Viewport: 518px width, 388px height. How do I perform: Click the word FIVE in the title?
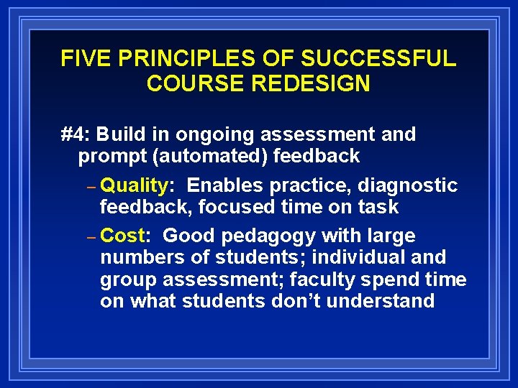[x=81, y=59]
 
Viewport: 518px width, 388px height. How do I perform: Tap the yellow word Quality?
[x=134, y=185]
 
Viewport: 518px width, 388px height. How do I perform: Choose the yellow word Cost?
[x=123, y=236]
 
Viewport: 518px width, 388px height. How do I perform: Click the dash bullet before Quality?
[x=91, y=186]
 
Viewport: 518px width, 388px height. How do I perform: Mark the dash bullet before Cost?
[x=91, y=236]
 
